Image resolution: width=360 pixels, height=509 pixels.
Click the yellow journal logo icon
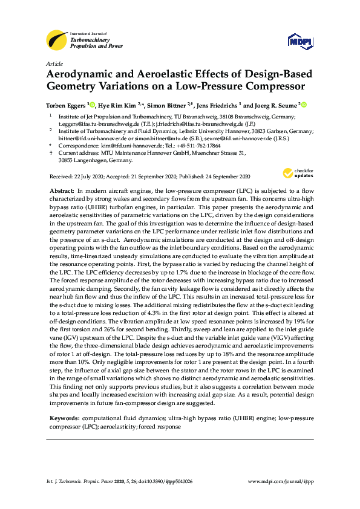(57, 40)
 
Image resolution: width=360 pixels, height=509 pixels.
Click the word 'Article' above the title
(54, 63)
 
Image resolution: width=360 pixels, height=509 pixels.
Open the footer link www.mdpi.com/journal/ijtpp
(281, 481)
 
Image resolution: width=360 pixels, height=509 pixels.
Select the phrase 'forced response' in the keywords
(162, 426)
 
